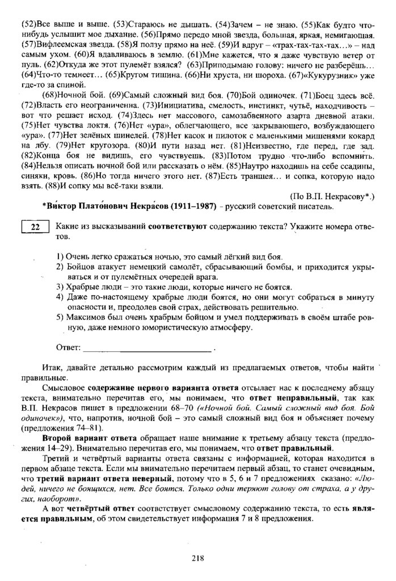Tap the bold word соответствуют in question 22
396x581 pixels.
point(174,225)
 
